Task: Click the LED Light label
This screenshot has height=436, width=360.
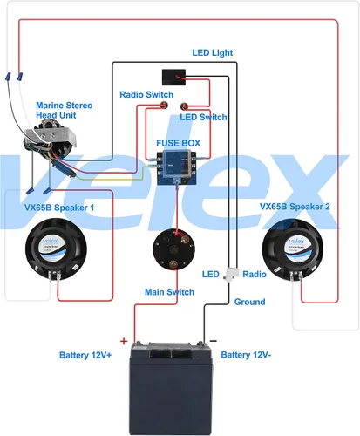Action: tap(212, 53)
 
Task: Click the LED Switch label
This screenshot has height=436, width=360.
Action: tap(203, 117)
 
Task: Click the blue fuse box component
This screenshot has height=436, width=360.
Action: tap(177, 164)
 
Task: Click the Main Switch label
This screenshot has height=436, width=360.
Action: tap(168, 292)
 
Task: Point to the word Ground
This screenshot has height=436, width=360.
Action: tap(249, 302)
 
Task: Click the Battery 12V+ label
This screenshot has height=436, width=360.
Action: tap(85, 355)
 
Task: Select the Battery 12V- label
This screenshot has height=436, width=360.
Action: tap(247, 355)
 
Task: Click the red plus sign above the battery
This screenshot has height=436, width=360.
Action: tap(123, 341)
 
